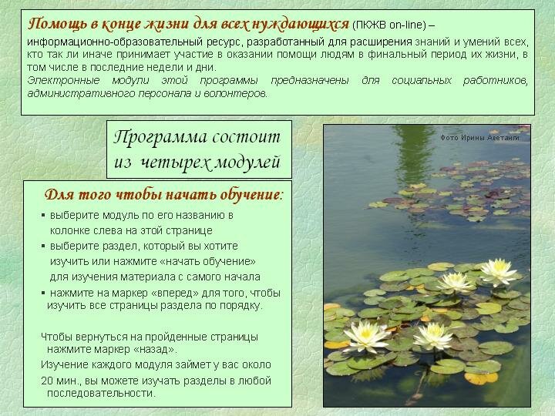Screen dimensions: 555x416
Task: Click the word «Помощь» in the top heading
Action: point(56,25)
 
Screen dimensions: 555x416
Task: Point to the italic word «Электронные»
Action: point(63,81)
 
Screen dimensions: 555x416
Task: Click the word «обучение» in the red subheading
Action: point(251,195)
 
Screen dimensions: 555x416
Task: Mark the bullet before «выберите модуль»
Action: point(43,215)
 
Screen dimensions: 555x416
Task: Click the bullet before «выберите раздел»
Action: point(43,246)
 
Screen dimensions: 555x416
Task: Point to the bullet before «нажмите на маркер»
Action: point(43,293)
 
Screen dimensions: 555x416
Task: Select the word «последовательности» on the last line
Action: point(101,394)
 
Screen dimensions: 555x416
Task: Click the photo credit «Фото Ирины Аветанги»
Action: point(479,138)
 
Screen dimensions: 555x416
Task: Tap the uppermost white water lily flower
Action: point(499,272)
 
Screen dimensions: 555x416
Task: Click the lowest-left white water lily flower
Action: point(366,336)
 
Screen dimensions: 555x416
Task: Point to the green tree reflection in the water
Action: point(413,156)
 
